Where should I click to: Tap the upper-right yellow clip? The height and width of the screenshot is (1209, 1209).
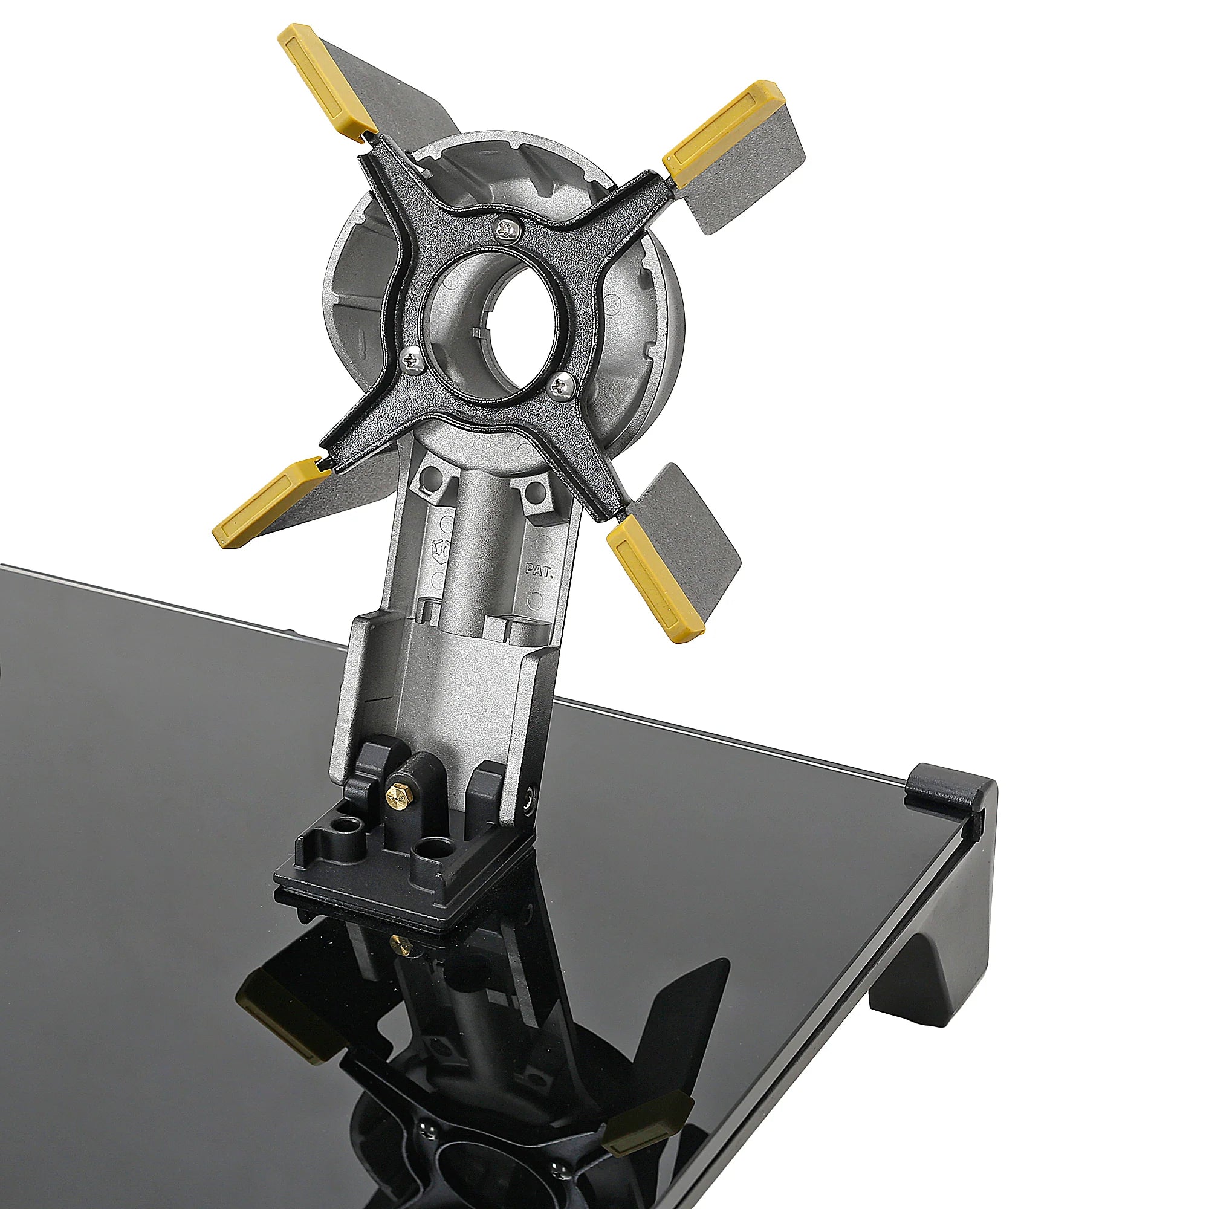coord(724,132)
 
